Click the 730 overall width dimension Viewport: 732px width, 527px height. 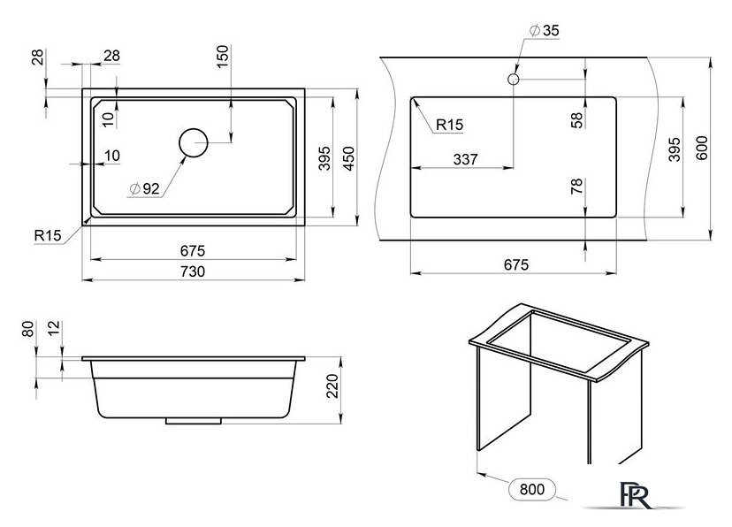pos(193,271)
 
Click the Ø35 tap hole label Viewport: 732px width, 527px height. pos(544,31)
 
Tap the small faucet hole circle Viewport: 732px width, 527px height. pos(513,79)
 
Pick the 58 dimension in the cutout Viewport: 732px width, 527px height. pos(576,121)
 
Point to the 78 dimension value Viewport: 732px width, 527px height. pos(576,187)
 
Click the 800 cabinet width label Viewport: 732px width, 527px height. pos(530,488)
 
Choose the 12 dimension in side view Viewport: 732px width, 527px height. pos(55,330)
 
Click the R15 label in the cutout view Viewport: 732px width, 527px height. pos(449,125)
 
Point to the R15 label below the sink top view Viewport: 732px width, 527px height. pos(47,235)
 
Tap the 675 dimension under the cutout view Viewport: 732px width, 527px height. pos(515,264)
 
